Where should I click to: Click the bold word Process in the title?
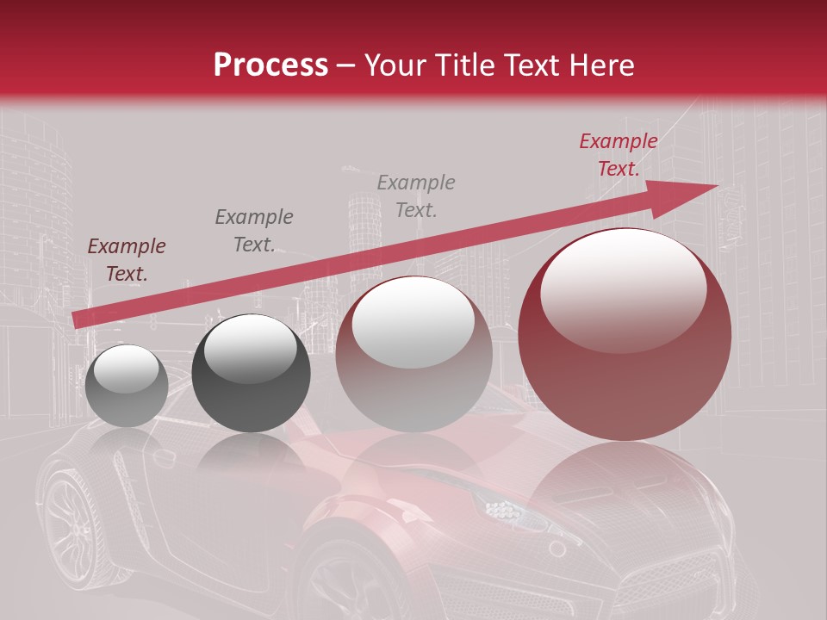[x=270, y=65]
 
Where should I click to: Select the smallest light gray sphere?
[x=127, y=386]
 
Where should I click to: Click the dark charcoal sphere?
[x=251, y=374]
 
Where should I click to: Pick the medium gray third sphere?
[x=413, y=355]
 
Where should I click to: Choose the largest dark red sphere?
[x=625, y=336]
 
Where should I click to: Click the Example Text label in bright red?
[x=618, y=155]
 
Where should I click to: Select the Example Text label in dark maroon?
[x=127, y=260]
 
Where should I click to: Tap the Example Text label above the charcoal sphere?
[x=254, y=231]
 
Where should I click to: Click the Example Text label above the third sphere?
[x=416, y=195]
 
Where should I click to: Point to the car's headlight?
[x=504, y=510]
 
